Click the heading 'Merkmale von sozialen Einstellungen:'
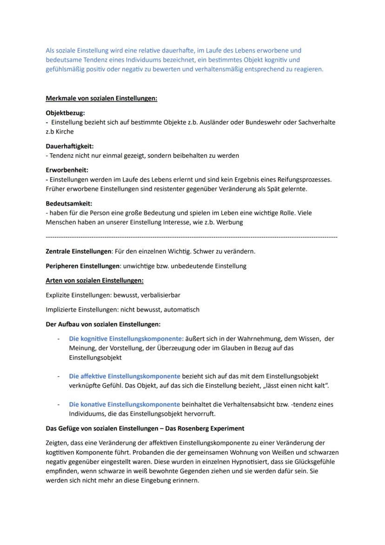[101, 98]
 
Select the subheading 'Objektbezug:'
[65, 113]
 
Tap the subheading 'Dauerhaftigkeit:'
[69, 146]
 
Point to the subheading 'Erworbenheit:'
[67, 170]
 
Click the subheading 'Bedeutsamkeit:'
[69, 203]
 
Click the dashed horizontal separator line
[192, 237]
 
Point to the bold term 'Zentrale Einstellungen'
[79, 251]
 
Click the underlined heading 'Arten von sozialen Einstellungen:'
[94, 280]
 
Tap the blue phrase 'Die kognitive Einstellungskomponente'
[126, 339]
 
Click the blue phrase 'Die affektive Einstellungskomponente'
[124, 376]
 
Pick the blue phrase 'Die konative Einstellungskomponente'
[124, 404]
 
